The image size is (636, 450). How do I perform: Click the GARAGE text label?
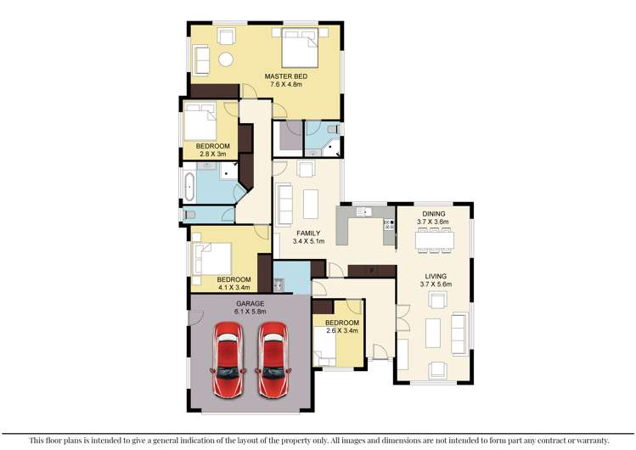click(249, 304)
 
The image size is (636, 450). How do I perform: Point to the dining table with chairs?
click(434, 239)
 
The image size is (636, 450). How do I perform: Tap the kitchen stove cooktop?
click(390, 226)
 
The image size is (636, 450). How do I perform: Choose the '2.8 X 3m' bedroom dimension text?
click(213, 155)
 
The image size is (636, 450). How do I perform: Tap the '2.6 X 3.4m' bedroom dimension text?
click(342, 331)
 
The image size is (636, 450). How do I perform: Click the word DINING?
click(434, 214)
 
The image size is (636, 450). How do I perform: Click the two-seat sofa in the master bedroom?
click(200, 59)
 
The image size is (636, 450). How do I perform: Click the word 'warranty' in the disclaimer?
click(587, 440)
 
